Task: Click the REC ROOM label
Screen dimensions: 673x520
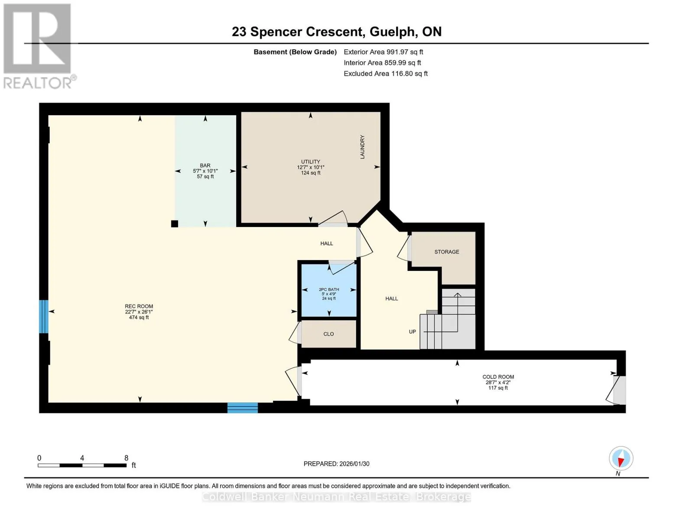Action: coord(139,306)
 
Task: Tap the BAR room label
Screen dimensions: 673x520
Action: coord(205,166)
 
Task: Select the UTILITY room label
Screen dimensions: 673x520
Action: coord(311,162)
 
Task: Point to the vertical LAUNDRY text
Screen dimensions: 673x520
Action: coord(362,147)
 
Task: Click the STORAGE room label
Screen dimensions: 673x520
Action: coord(447,252)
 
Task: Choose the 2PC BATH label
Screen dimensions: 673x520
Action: coord(329,289)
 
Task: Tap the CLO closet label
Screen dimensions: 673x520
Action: coord(328,334)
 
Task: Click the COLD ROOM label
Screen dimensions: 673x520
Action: coord(498,377)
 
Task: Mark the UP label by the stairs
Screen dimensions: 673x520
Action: coord(412,331)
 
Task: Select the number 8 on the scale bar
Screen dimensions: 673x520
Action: coord(127,458)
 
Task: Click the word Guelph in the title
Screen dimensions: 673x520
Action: coord(392,32)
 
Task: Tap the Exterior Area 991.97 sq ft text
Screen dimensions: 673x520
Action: coord(384,52)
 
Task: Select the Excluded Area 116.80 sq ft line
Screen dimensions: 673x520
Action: coord(386,74)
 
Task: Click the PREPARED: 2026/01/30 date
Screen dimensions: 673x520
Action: coord(336,464)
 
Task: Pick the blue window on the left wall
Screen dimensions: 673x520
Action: coord(44,316)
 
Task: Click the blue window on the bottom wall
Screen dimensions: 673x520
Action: coord(243,408)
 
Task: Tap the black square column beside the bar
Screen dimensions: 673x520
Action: coord(174,224)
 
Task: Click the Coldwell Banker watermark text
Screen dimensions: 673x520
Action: coord(336,497)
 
